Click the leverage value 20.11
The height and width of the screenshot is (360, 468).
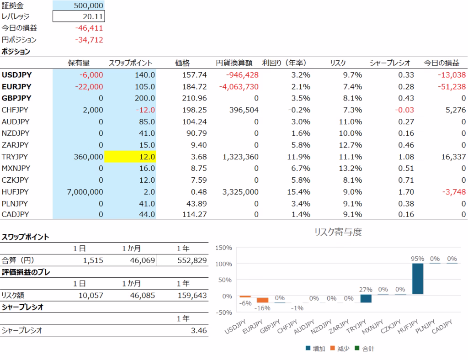click(93, 17)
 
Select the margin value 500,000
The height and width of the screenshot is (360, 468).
click(88, 5)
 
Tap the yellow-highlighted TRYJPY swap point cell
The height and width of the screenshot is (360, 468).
click(130, 157)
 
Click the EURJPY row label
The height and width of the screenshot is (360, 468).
click(16, 87)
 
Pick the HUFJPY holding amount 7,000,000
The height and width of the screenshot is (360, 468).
click(85, 192)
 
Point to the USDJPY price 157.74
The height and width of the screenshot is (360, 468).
click(194, 75)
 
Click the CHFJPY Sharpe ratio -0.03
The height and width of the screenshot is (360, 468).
click(404, 110)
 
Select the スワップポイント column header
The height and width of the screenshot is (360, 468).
click(130, 63)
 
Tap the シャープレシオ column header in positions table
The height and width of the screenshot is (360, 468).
click(390, 63)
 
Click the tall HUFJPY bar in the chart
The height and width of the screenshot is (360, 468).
click(418, 279)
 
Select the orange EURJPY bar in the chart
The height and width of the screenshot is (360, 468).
click(263, 300)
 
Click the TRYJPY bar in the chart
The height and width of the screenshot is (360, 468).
click(366, 299)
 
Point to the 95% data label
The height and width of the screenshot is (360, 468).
click(418, 259)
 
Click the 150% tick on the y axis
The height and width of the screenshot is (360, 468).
click(223, 248)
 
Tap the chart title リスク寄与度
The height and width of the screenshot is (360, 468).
click(338, 232)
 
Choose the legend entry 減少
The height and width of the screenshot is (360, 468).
click(340, 349)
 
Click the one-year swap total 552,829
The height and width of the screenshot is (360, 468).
click(192, 260)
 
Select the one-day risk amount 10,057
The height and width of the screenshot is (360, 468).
click(91, 296)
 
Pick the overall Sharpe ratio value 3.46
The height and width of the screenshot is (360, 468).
click(199, 330)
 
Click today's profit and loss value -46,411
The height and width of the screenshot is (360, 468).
click(89, 28)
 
